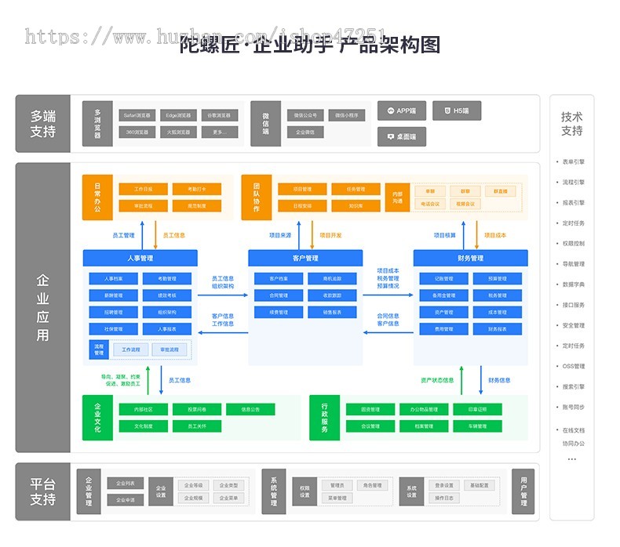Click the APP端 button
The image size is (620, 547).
tap(402, 111)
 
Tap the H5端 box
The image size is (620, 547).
tap(457, 111)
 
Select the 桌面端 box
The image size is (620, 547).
tap(402, 136)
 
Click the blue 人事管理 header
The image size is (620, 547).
tap(140, 258)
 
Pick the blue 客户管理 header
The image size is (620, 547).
tap(305, 258)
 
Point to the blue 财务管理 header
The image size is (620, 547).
tap(471, 258)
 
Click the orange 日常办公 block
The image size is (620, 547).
tap(97, 197)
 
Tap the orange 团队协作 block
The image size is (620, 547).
tap(256, 197)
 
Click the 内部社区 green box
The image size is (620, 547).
tap(143, 409)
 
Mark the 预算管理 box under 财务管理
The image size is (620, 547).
tap(498, 278)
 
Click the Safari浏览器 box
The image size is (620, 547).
tap(137, 114)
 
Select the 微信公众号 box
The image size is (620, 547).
tap(305, 115)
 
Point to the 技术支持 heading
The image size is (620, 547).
tap(571, 124)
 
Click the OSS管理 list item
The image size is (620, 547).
tap(573, 366)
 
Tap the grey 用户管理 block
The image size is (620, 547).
tap(523, 491)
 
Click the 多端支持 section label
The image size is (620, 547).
tap(43, 124)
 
